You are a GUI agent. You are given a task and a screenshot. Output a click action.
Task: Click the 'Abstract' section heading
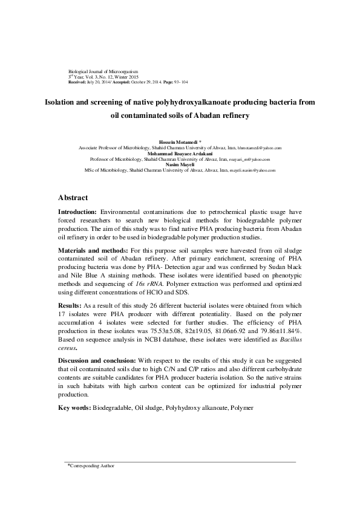pos(73,198)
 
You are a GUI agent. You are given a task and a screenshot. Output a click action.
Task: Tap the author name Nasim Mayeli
pos(180,164)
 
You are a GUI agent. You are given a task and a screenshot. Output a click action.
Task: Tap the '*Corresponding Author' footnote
pos(90,466)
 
